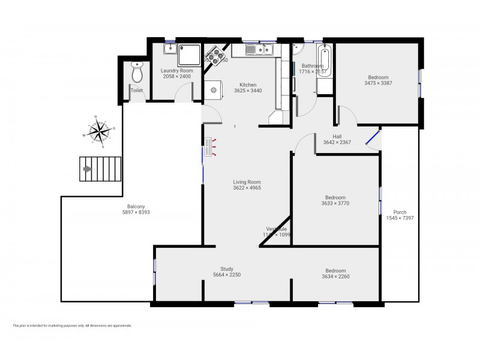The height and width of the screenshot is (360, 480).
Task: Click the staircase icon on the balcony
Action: click(100, 169)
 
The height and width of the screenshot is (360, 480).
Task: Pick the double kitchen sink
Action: click(259, 49)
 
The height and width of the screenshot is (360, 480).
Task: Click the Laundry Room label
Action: click(176, 70)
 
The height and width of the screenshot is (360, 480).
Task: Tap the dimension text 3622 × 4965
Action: click(247, 188)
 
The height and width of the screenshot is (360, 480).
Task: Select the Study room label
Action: click(227, 269)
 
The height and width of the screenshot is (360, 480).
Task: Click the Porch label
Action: click(400, 212)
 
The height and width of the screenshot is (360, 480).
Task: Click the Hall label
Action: click(337, 136)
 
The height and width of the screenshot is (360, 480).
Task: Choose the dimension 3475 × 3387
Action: click(378, 83)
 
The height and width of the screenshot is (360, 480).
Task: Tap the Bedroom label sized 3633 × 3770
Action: click(335, 197)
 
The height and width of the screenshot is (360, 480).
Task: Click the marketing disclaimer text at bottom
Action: click(72, 326)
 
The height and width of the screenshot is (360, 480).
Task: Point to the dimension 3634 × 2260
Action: click(335, 277)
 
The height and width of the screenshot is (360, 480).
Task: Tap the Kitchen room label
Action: click(248, 85)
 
